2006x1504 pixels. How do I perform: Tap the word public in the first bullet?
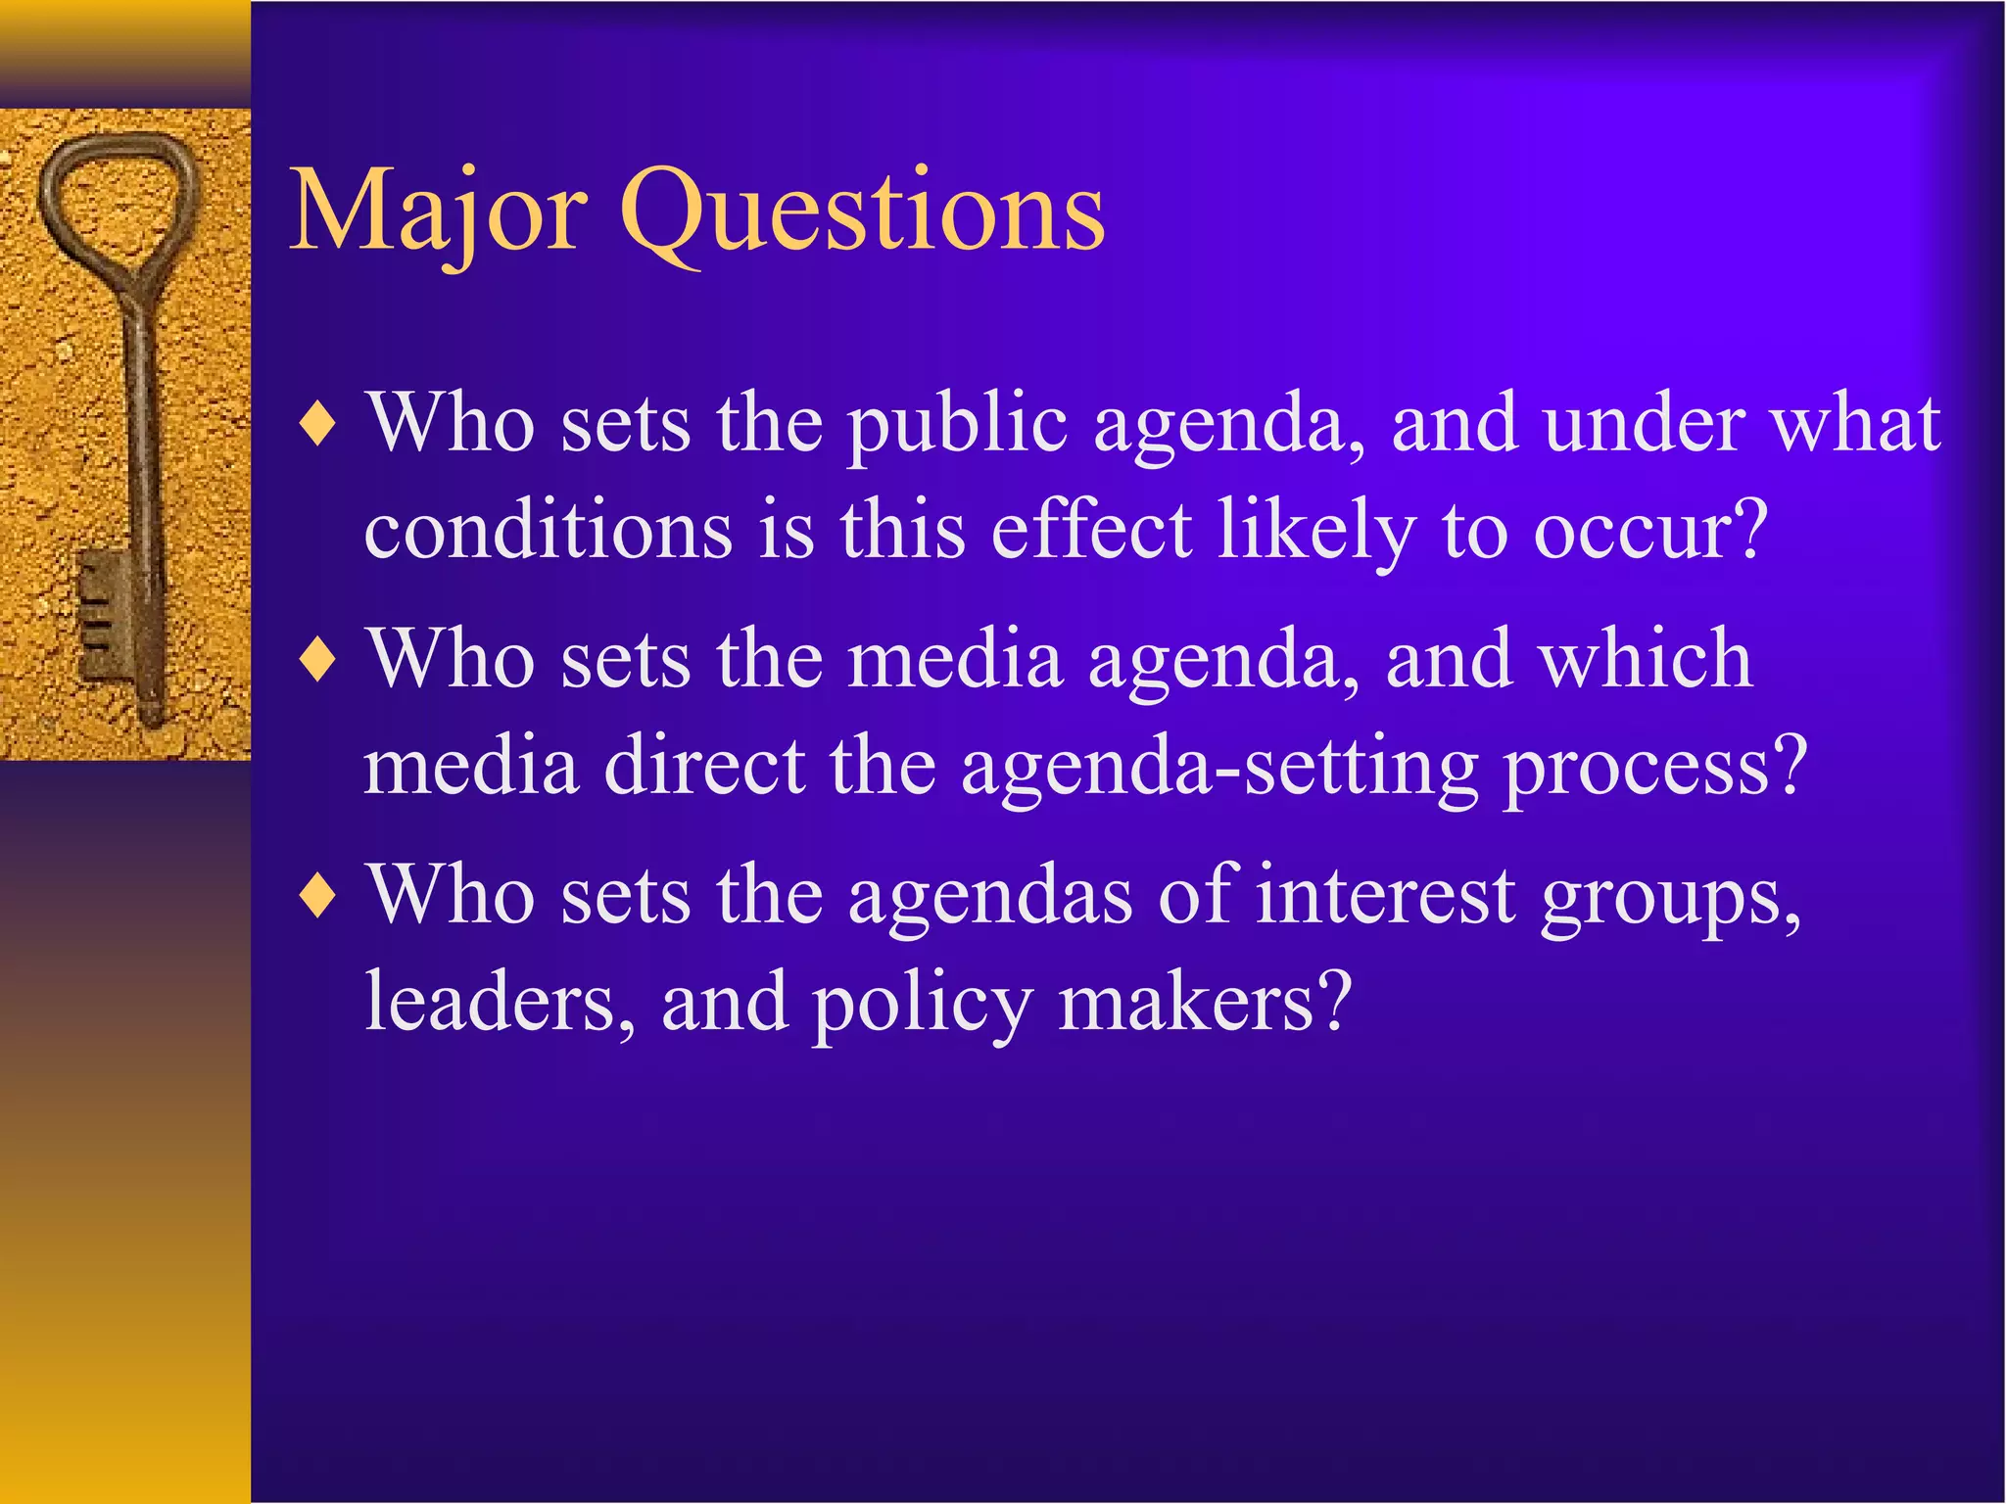pyautogui.click(x=957, y=427)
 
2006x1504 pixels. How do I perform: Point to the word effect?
pyautogui.click(x=1091, y=531)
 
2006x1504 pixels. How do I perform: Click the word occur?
pyautogui.click(x=1650, y=531)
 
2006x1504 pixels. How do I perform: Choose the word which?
pyautogui.click(x=1646, y=660)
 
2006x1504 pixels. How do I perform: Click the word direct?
pyautogui.click(x=704, y=766)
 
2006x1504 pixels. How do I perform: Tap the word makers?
pyautogui.click(x=1205, y=1003)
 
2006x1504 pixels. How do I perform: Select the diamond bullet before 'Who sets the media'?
pyautogui.click(x=319, y=661)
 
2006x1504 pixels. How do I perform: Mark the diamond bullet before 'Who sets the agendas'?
pyautogui.click(x=319, y=896)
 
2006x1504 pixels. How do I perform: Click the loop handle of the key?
pyautogui.click(x=117, y=206)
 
